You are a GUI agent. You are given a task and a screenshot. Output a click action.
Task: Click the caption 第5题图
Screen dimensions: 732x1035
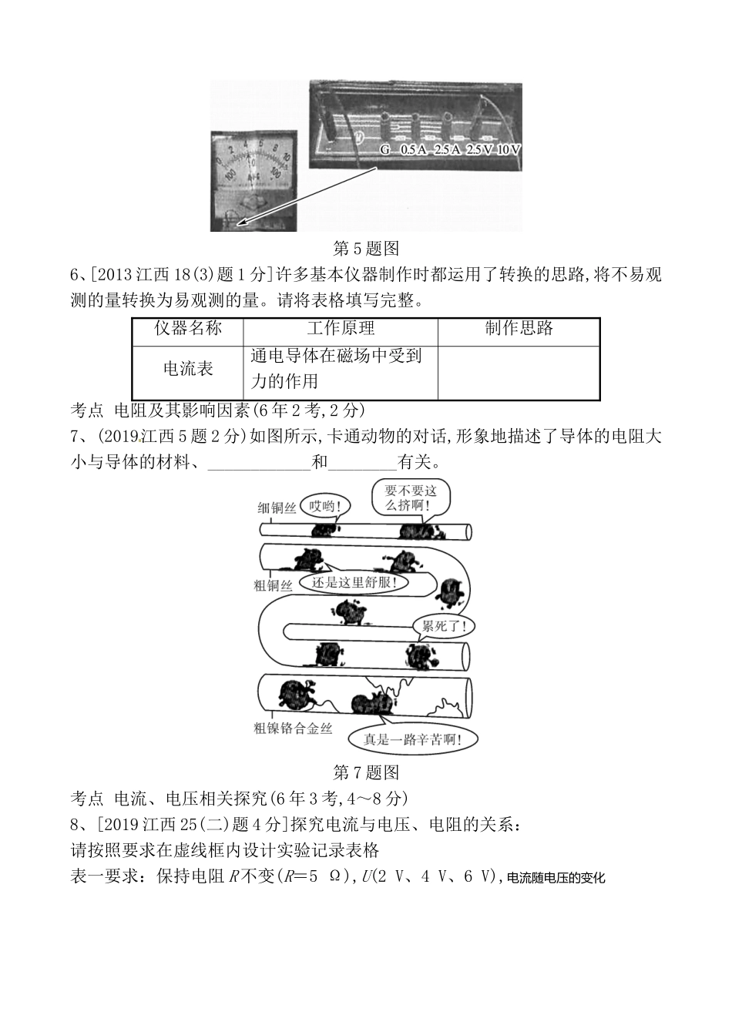point(366,248)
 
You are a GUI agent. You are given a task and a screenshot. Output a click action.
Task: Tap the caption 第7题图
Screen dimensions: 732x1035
point(366,772)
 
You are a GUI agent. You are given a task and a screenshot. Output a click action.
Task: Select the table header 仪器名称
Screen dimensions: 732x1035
point(187,329)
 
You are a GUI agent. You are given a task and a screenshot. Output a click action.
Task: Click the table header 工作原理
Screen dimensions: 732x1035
point(341,329)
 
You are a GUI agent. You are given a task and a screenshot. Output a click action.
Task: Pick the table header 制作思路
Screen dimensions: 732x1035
point(519,329)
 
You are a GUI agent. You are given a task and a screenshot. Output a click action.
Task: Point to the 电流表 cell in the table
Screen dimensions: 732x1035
point(187,370)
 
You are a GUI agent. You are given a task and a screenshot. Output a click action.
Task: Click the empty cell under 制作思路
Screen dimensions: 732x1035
point(519,372)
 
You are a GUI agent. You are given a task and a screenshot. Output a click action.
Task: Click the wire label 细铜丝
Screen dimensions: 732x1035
point(277,507)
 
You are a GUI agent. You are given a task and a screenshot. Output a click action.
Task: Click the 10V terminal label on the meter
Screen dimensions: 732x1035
point(509,149)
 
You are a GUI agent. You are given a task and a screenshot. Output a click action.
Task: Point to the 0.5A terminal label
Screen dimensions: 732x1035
point(413,149)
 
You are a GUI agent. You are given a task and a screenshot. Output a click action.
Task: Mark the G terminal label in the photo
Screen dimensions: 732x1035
point(385,149)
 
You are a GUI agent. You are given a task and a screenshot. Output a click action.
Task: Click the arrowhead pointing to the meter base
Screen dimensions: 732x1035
point(242,223)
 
